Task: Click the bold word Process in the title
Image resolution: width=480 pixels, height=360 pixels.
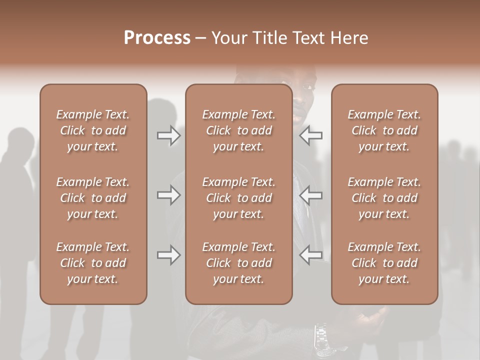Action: [157, 38]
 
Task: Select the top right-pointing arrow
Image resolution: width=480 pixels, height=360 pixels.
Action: [168, 135]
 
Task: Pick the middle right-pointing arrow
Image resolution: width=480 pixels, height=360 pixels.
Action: [168, 195]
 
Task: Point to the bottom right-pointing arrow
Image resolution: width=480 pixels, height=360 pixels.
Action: [168, 255]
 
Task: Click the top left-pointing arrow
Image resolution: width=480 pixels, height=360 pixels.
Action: [311, 135]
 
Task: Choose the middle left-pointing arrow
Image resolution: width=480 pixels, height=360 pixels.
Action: [311, 195]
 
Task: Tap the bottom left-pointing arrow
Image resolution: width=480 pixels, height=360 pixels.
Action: [311, 255]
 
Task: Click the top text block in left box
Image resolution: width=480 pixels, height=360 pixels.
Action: [93, 130]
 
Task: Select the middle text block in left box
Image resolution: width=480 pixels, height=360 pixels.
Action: [93, 198]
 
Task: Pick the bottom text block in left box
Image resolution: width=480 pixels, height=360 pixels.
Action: [93, 263]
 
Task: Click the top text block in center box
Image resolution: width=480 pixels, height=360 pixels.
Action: [238, 130]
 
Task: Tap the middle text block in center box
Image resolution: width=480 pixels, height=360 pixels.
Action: [238, 198]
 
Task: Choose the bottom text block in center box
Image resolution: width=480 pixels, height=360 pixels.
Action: [238, 263]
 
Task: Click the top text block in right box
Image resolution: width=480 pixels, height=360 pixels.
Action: [384, 130]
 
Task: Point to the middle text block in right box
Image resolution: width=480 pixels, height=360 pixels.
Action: [384, 198]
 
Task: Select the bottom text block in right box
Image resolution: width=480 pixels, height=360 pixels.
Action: [384, 263]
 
